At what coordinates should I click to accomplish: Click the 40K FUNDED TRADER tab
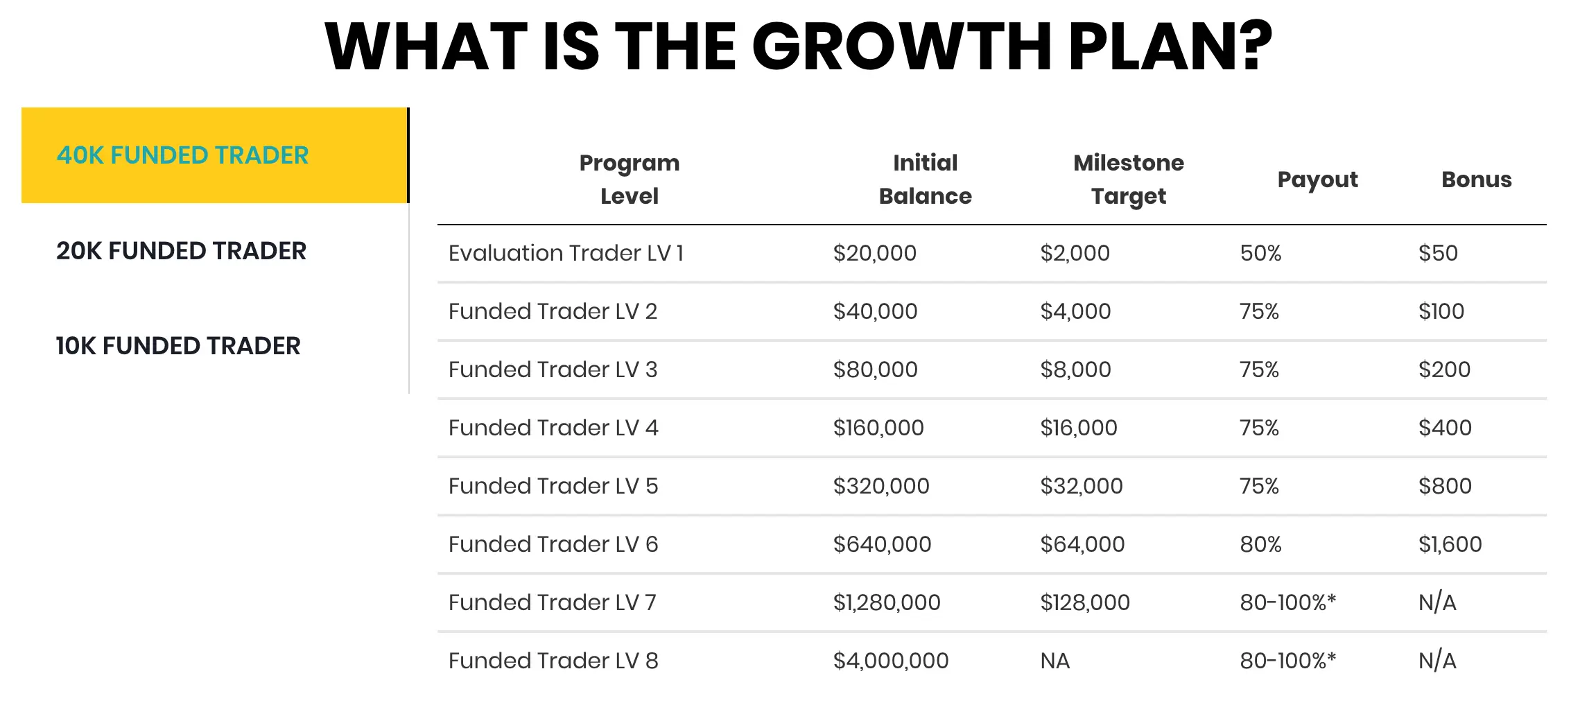click(x=215, y=155)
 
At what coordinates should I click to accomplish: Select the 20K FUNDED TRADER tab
click(x=182, y=251)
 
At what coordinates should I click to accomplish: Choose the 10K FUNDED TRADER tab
click(x=178, y=346)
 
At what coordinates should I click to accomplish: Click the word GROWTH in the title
click(x=902, y=47)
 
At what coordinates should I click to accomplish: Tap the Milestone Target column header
click(x=1129, y=180)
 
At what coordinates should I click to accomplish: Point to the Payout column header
click(x=1317, y=180)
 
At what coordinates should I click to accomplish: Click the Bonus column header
click(x=1476, y=180)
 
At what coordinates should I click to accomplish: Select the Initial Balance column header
click(x=925, y=180)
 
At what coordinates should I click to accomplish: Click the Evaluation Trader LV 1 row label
click(x=566, y=253)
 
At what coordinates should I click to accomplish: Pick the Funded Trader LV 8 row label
click(x=553, y=661)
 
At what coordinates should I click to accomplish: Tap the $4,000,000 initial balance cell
click(x=891, y=661)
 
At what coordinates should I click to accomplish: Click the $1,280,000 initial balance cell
click(x=887, y=602)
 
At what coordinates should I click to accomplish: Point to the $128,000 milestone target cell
click(x=1085, y=602)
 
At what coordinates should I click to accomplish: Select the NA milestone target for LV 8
click(x=1055, y=661)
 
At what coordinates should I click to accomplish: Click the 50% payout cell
click(x=1260, y=253)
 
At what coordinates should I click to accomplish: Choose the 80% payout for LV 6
click(x=1260, y=544)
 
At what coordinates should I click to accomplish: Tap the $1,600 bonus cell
click(x=1450, y=544)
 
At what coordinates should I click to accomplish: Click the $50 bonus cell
click(x=1438, y=253)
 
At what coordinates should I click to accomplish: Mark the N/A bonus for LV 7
click(x=1437, y=602)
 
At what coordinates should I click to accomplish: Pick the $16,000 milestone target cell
click(x=1079, y=428)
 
